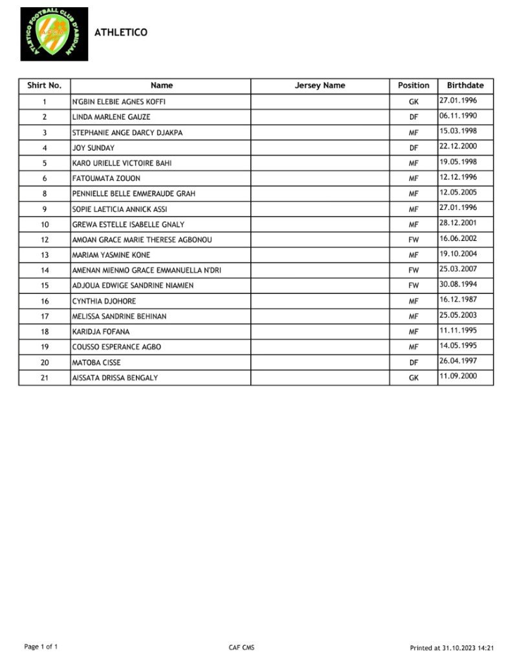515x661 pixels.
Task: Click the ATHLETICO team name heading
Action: (x=121, y=32)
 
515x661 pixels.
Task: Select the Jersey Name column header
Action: (x=320, y=85)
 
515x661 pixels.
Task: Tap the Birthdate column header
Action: (x=465, y=85)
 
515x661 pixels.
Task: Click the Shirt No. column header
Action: (x=44, y=85)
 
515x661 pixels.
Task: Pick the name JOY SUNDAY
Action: (x=93, y=148)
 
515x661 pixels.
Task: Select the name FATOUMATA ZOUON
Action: (x=106, y=178)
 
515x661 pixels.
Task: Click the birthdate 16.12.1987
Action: (x=458, y=300)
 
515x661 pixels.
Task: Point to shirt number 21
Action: (x=45, y=378)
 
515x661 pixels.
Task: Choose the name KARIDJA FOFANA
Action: (x=101, y=331)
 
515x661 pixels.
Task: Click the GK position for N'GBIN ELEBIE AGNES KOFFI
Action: (x=413, y=102)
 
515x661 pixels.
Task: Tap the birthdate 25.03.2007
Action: (x=458, y=269)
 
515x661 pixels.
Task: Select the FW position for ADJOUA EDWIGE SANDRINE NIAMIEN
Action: (x=413, y=286)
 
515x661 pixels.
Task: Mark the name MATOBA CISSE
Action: (x=96, y=362)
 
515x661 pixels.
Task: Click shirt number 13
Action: (x=45, y=255)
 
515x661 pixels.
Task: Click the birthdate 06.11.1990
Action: (x=458, y=116)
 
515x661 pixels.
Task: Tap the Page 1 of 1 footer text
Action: (x=41, y=647)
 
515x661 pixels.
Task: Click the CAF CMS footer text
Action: (x=241, y=647)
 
